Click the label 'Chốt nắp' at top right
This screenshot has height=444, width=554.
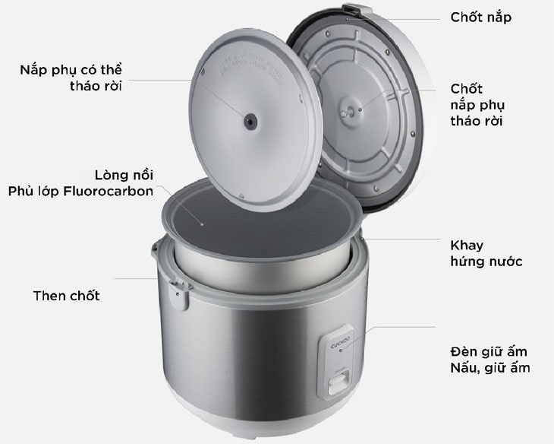(481, 17)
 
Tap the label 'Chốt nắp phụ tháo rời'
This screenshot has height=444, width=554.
(477, 105)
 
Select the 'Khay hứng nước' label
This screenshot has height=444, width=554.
(486, 253)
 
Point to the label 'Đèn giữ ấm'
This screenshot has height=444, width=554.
(489, 351)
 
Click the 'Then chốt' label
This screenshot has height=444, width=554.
(67, 296)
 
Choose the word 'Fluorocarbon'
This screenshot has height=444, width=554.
(108, 191)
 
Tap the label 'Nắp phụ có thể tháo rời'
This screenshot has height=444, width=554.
(71, 78)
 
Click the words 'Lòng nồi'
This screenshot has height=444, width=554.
(124, 175)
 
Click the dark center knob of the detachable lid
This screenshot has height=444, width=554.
(250, 122)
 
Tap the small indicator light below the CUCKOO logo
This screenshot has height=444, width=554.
(340, 351)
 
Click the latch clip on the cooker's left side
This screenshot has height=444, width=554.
(178, 293)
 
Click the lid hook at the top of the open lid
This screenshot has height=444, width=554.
(351, 8)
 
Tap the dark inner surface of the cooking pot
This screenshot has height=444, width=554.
(262, 227)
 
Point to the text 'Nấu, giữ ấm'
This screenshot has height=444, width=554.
(490, 368)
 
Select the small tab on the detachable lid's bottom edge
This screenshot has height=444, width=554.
(241, 195)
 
